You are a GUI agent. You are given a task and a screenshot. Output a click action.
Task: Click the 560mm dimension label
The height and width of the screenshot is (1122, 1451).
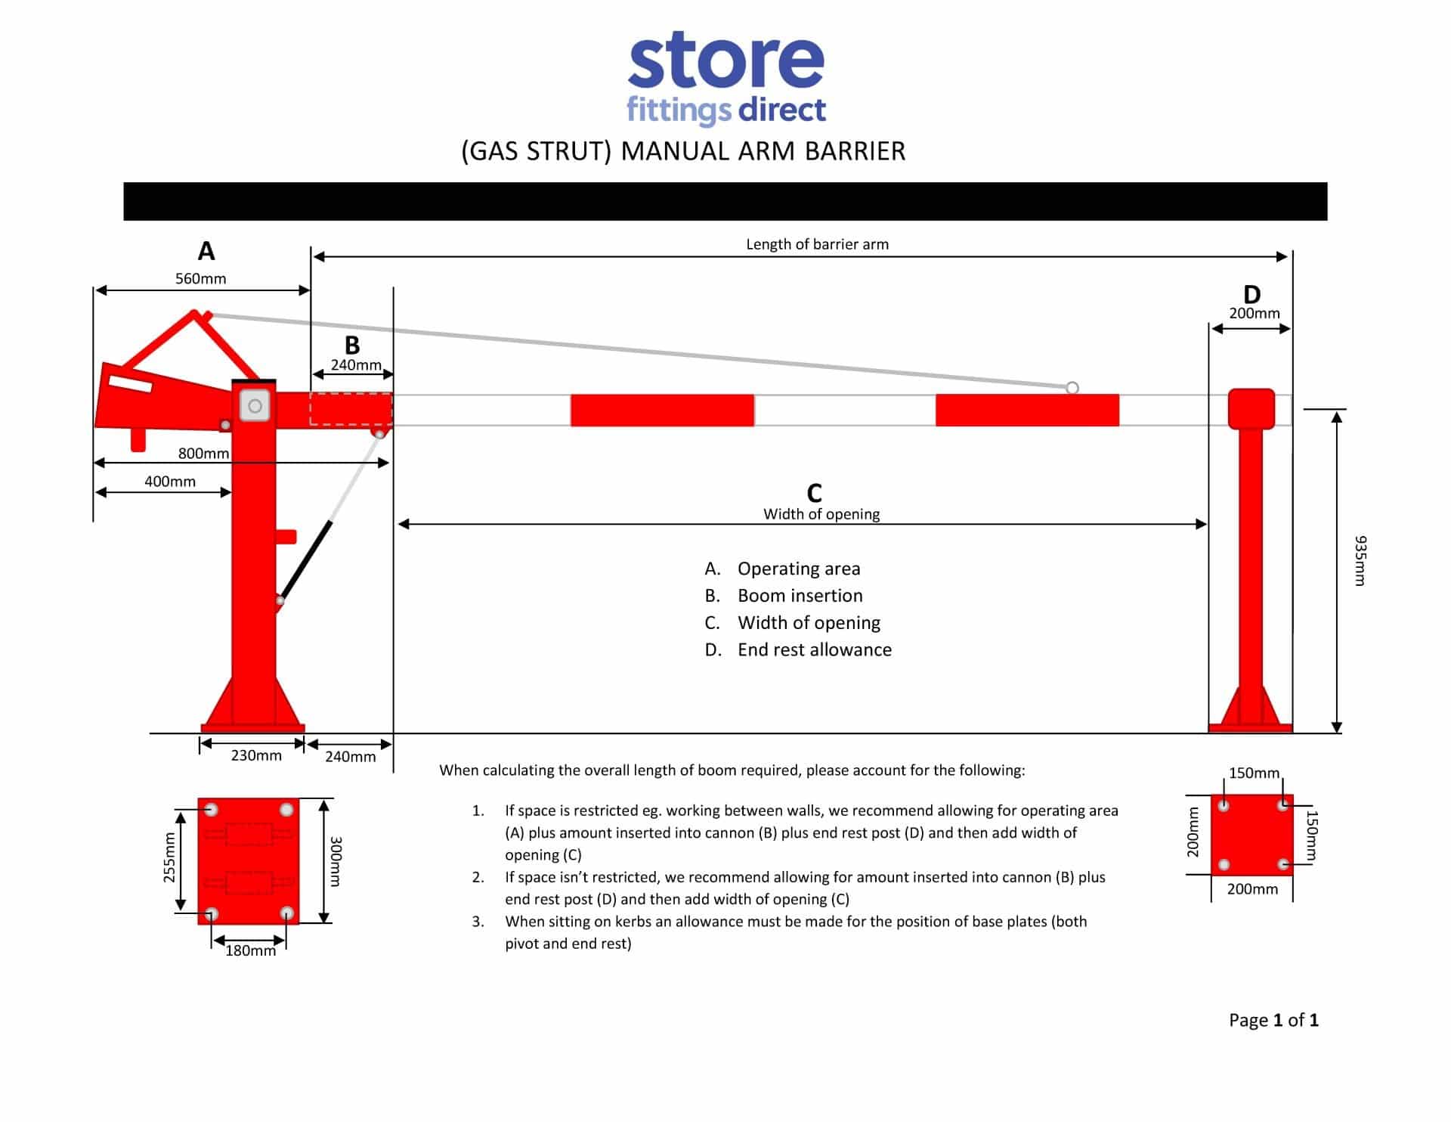[x=200, y=278]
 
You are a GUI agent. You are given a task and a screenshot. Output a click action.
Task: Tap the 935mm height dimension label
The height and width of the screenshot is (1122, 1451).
[x=1360, y=560]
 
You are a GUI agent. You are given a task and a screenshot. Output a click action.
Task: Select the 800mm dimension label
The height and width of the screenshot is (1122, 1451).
[x=203, y=453]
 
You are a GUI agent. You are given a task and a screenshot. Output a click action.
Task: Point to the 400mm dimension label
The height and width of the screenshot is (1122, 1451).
[x=170, y=482]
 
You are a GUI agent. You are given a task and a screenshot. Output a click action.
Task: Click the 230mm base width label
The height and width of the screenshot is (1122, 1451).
[x=256, y=755]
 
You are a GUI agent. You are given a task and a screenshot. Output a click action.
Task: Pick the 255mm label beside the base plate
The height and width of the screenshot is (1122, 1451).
[x=170, y=857]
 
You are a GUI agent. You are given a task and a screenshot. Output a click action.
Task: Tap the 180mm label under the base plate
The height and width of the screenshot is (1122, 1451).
[x=250, y=951]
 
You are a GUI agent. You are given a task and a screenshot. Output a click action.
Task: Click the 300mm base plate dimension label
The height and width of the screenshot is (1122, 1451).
[x=337, y=861]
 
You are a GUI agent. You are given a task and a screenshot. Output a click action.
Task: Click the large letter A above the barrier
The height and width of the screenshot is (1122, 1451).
[x=206, y=250]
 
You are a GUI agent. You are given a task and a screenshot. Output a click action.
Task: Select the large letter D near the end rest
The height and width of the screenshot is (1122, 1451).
[x=1252, y=294]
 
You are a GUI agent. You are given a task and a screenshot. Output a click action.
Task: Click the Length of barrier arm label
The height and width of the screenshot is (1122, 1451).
[x=817, y=244]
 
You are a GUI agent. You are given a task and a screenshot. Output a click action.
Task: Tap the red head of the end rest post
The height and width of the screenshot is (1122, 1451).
[x=1251, y=408]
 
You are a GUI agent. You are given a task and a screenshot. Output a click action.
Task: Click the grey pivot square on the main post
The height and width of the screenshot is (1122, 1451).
[x=255, y=406]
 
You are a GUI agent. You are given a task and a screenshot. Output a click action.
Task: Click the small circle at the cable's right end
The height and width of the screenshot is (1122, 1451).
[x=1072, y=388]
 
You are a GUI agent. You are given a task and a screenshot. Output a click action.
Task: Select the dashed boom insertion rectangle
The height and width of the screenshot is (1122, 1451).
[x=351, y=409]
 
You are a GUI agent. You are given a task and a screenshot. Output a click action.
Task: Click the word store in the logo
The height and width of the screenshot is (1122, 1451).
[x=725, y=60]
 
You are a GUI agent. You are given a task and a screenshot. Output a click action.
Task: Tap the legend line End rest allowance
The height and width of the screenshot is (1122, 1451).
[x=814, y=649]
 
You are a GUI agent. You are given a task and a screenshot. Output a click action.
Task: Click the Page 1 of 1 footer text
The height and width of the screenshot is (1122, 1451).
[x=1273, y=1020]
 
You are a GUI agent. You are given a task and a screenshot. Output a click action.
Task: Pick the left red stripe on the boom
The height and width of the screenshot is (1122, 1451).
[x=662, y=410]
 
